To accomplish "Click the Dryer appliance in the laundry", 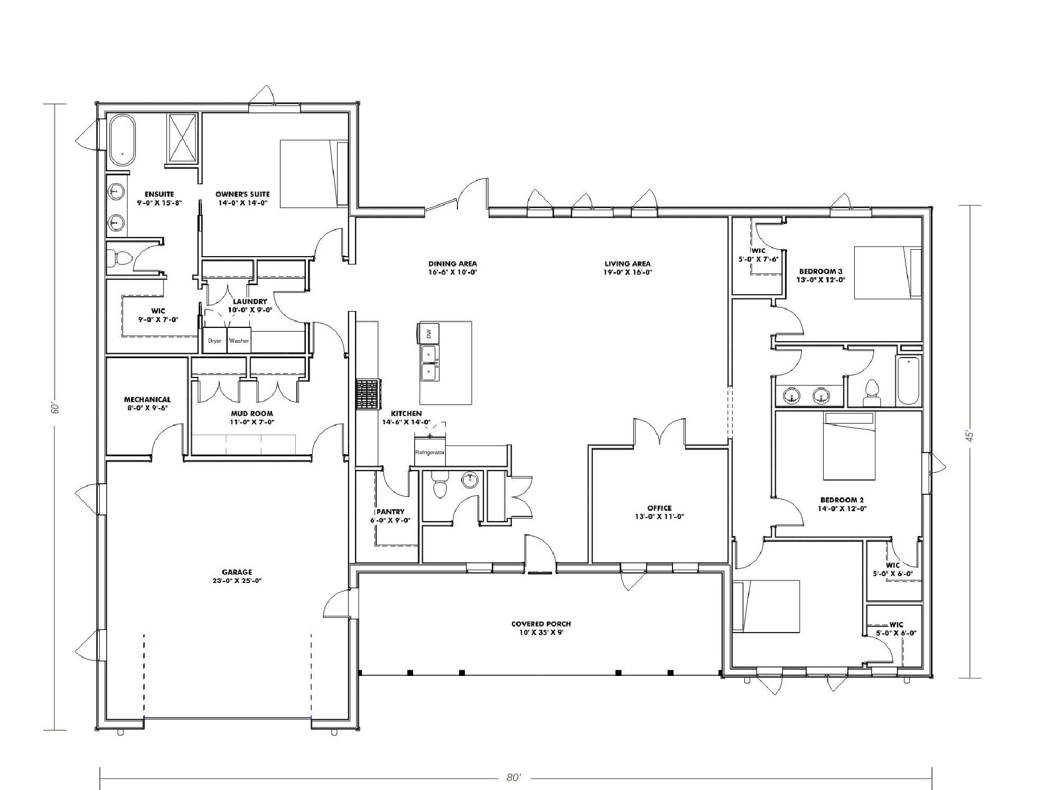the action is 215,341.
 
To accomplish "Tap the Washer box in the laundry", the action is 239,341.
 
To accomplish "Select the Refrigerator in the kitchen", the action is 430,452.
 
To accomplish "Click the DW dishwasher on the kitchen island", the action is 429,333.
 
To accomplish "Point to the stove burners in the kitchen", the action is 368,394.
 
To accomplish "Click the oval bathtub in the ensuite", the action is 122,139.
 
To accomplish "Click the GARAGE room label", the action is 237,576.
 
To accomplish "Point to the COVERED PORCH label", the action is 541,628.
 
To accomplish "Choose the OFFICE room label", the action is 659,512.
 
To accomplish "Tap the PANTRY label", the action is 390,516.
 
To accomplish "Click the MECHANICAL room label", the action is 147,403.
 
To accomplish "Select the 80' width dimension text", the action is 513,778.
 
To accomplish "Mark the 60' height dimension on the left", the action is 55,409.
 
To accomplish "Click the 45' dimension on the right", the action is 969,436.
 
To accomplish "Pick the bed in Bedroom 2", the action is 849,446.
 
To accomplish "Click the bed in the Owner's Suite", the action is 314,174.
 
